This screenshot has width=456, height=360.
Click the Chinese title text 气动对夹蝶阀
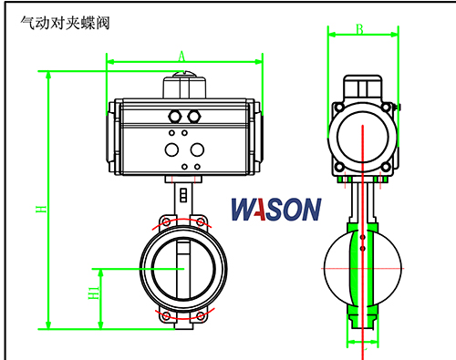[x=65, y=23]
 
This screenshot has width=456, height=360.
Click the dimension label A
[x=181, y=57]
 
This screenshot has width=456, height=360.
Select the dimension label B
[x=359, y=29]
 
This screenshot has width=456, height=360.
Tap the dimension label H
[x=41, y=209]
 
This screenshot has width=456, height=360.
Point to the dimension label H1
[x=94, y=293]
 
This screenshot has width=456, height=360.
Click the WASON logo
[x=276, y=209]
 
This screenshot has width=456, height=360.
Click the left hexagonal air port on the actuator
[x=175, y=117]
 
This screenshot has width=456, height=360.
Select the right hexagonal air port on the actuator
[x=193, y=117]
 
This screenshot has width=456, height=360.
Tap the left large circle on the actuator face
[x=171, y=149]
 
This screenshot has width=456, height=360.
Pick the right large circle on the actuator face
[x=197, y=149]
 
